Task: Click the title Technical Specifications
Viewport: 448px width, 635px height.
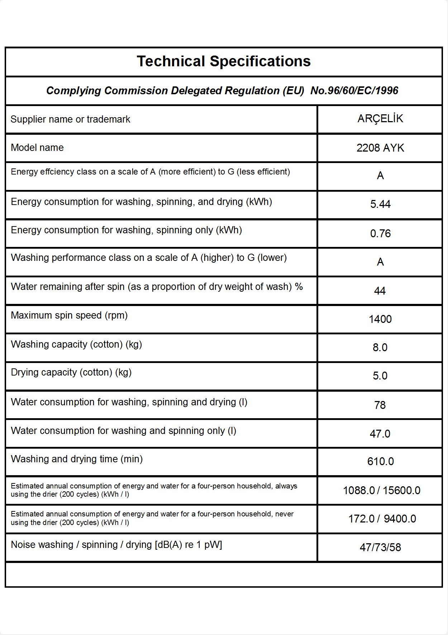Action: point(224,61)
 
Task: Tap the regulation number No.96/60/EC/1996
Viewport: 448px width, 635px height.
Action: point(354,91)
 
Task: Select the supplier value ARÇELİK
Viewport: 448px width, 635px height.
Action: point(380,119)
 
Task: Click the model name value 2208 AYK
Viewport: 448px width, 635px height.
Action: point(380,148)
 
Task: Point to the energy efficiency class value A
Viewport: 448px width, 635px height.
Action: point(380,176)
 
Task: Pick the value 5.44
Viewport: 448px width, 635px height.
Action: point(380,204)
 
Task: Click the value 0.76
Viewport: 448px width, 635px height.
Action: point(380,234)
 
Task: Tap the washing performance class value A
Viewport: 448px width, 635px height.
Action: point(380,262)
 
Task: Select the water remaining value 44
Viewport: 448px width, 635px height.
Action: point(380,291)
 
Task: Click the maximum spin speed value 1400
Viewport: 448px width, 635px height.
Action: point(380,319)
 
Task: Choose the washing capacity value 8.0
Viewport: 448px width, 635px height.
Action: point(380,347)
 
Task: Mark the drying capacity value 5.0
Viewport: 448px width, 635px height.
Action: point(380,376)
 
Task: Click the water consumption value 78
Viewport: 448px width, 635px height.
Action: point(380,405)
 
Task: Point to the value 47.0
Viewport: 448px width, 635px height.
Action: point(380,434)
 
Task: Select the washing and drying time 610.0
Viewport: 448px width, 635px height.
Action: point(380,461)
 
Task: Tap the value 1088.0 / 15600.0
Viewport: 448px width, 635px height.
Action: point(381,490)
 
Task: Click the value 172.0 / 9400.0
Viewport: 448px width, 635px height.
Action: point(382,519)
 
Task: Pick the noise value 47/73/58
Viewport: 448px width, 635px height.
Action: point(380,547)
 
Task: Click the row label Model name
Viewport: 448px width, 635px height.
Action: point(37,148)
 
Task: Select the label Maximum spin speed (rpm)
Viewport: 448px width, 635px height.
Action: point(69,315)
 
